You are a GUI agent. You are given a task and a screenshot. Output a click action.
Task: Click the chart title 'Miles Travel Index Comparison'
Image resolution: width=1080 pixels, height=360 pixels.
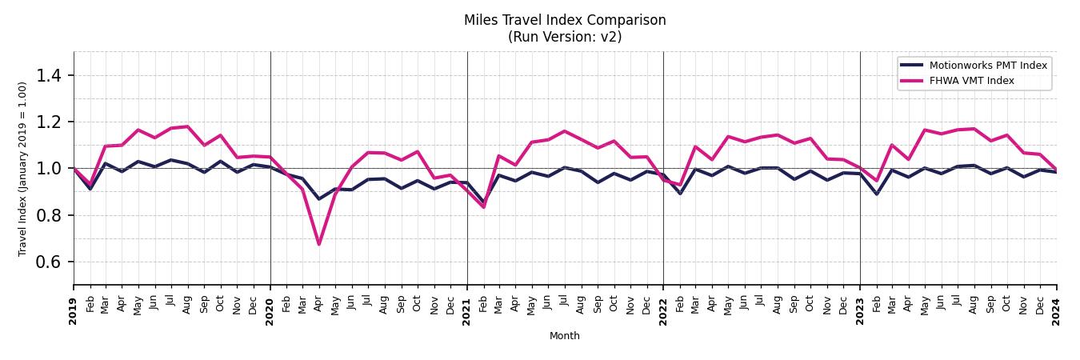pyautogui.click(x=564, y=20)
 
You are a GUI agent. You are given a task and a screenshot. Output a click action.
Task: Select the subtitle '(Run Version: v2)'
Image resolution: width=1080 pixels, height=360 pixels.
pyautogui.click(x=564, y=37)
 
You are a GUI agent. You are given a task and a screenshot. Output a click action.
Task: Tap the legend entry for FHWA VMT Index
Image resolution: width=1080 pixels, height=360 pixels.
pyautogui.click(x=971, y=81)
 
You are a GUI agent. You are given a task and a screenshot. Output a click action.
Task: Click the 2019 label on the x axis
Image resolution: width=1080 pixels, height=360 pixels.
pyautogui.click(x=74, y=311)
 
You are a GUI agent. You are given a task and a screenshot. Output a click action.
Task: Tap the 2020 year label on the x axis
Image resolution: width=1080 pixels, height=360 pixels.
pyautogui.click(x=270, y=311)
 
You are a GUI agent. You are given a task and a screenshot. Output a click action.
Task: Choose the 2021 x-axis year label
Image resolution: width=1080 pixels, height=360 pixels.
pyautogui.click(x=467, y=311)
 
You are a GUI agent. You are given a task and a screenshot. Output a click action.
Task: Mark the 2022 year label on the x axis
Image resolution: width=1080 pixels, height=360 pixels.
pyautogui.click(x=663, y=311)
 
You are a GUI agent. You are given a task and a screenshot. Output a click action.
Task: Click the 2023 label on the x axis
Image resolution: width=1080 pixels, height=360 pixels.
pyautogui.click(x=860, y=311)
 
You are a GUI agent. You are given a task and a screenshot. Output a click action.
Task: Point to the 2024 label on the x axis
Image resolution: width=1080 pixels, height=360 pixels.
pyautogui.click(x=1056, y=311)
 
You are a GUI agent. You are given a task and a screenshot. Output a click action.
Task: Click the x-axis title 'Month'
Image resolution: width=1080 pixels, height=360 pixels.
pyautogui.click(x=564, y=336)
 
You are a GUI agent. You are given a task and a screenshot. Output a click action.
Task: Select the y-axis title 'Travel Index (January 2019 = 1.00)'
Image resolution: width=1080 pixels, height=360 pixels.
pyautogui.click(x=22, y=169)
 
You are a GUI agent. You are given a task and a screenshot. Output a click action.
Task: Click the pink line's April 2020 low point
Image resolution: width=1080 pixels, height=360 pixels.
pyautogui.click(x=319, y=244)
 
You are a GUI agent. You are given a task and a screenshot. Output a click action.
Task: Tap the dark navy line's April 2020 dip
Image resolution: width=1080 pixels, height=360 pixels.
pyautogui.click(x=319, y=198)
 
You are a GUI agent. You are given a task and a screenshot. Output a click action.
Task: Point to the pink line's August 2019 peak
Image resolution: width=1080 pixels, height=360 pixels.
pyautogui.click(x=188, y=126)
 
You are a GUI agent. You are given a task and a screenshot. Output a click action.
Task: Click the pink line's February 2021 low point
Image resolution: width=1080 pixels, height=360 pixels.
pyautogui.click(x=483, y=207)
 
